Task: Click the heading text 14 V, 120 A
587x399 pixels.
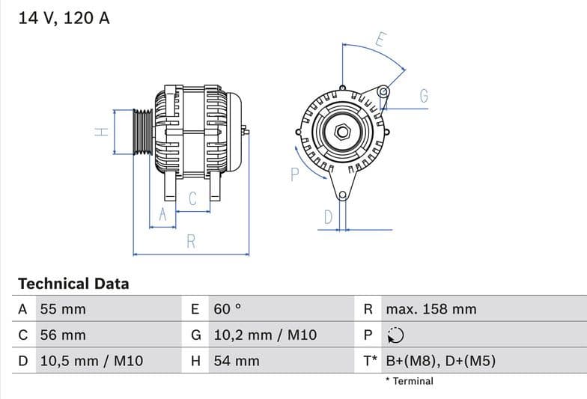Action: pyautogui.click(x=64, y=18)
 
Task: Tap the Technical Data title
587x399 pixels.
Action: pyautogui.click(x=73, y=284)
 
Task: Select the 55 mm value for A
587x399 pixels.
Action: pyautogui.click(x=62, y=309)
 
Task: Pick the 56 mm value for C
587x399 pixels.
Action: pyautogui.click(x=62, y=335)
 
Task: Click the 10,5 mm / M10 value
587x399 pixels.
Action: pyautogui.click(x=91, y=361)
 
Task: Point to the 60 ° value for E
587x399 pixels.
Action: pyautogui.click(x=228, y=309)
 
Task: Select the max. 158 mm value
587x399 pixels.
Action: pyautogui.click(x=431, y=309)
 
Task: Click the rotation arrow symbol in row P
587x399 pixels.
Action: pyautogui.click(x=396, y=335)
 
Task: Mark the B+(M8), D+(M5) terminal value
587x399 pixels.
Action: pyautogui.click(x=440, y=361)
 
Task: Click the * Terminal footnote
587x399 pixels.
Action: pyautogui.click(x=410, y=381)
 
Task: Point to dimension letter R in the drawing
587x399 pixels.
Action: pyautogui.click(x=191, y=241)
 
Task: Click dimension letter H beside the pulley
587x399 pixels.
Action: pyautogui.click(x=102, y=132)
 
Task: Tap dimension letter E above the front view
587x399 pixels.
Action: pyautogui.click(x=380, y=40)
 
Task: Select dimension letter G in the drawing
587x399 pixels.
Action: pyautogui.click(x=424, y=96)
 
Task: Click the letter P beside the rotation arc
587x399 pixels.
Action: pyautogui.click(x=294, y=174)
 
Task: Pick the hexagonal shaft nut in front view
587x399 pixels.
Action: pyautogui.click(x=342, y=132)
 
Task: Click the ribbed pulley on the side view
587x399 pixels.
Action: pyautogui.click(x=142, y=133)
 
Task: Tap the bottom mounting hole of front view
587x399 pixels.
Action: pyautogui.click(x=343, y=196)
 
